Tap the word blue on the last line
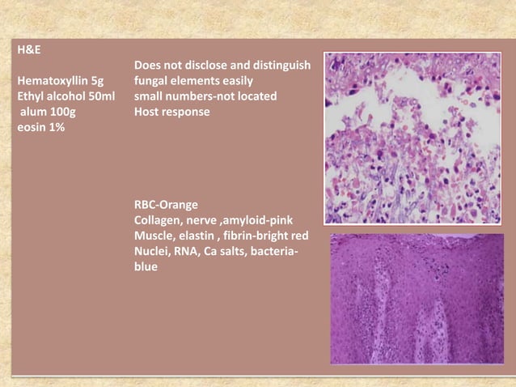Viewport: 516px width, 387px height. pyautogui.click(x=146, y=266)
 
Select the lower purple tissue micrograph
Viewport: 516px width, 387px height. pyautogui.click(x=417, y=299)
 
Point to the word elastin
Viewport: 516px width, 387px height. pyautogui.click(x=199, y=236)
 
